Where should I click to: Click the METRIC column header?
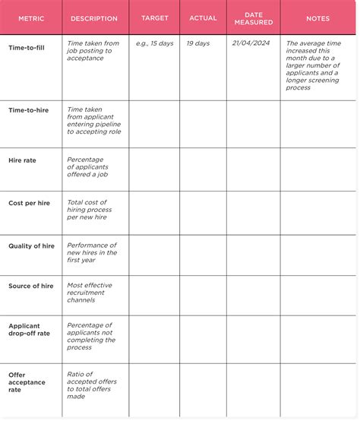(x=31, y=18)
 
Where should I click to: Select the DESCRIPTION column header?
(x=94, y=18)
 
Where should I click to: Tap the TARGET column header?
(x=155, y=17)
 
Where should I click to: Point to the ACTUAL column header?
(x=203, y=17)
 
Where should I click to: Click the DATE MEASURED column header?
(x=254, y=18)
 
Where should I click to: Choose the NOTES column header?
(x=317, y=18)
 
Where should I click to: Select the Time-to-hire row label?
(x=29, y=111)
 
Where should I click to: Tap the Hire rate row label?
(x=22, y=160)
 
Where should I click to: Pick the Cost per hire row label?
(x=29, y=203)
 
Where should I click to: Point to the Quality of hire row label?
(x=31, y=246)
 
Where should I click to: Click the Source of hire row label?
(x=31, y=286)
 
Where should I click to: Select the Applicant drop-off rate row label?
(x=29, y=329)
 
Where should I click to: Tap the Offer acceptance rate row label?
(x=27, y=382)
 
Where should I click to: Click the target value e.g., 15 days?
(x=155, y=43)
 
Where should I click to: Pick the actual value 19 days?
(x=197, y=43)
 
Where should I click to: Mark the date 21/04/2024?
(x=251, y=43)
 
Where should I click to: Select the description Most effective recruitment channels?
(x=90, y=292)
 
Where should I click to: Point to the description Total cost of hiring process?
(x=90, y=210)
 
